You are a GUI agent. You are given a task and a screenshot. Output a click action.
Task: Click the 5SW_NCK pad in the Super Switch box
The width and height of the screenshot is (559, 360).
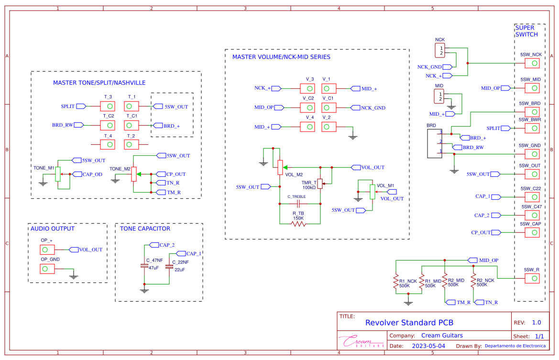click(x=532, y=64)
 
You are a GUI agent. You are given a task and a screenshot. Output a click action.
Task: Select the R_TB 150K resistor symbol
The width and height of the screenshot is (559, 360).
click(x=298, y=223)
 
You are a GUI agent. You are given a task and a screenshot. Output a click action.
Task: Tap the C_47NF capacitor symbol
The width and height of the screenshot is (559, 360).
click(x=144, y=265)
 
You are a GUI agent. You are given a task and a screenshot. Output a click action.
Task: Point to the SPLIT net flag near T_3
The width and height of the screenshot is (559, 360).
click(x=81, y=106)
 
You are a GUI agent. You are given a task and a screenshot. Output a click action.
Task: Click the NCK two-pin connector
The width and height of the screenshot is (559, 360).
click(x=439, y=50)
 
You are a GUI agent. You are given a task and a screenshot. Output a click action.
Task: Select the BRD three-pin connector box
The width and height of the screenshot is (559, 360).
click(x=435, y=143)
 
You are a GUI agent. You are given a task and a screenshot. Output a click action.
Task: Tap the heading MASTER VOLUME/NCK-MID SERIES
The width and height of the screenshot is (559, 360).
click(x=281, y=57)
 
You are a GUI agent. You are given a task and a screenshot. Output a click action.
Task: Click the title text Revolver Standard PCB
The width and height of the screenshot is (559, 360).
click(x=409, y=322)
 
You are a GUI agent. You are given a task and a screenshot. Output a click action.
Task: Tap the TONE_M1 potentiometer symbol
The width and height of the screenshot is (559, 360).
click(x=58, y=174)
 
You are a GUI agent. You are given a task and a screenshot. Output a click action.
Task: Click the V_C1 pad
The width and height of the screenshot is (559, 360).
click(x=329, y=108)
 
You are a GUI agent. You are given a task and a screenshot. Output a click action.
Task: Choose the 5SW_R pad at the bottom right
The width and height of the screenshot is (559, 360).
click(x=532, y=278)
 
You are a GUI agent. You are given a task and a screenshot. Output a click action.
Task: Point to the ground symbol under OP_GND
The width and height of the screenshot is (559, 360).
click(x=73, y=276)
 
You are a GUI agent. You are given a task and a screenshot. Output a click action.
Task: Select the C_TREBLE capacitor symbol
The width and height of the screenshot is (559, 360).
click(x=298, y=203)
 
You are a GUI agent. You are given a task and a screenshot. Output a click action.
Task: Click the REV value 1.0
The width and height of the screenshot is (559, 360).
click(x=537, y=322)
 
